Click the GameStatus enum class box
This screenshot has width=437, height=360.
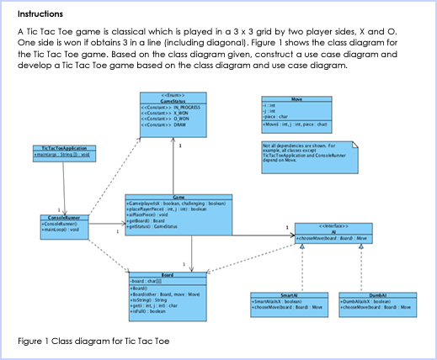[172, 114]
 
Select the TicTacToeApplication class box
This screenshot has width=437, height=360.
[63, 152]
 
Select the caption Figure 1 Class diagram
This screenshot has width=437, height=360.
[93, 341]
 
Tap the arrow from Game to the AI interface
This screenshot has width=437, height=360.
[262, 234]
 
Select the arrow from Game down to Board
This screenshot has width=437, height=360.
[192, 253]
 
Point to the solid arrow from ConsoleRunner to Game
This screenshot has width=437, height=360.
[104, 226]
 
